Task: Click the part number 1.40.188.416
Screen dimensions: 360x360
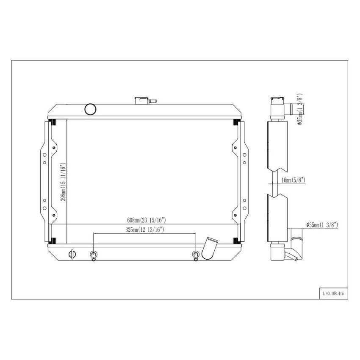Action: (x=332, y=293)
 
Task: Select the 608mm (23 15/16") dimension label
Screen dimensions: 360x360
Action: (x=146, y=220)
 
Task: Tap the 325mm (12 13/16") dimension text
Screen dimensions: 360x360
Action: (x=144, y=230)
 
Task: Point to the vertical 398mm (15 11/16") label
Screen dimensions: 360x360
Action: (x=63, y=183)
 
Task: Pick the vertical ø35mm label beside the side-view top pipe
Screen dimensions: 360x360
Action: (x=299, y=109)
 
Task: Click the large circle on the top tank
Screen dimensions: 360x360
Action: (x=91, y=109)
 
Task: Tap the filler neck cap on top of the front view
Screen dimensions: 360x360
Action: (x=141, y=100)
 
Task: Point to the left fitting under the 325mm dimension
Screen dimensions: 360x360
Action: (x=94, y=255)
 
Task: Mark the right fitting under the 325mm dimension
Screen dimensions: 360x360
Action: (x=195, y=255)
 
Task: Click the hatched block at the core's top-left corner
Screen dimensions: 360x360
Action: (x=54, y=123)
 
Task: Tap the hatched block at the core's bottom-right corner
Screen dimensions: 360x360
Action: (x=235, y=241)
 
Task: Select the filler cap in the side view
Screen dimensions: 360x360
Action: (x=277, y=102)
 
